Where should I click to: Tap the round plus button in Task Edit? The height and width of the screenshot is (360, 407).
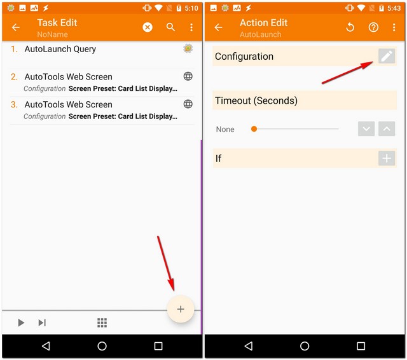(x=181, y=309)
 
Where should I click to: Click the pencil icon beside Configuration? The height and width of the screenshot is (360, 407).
(x=387, y=56)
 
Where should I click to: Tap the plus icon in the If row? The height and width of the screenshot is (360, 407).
(x=387, y=158)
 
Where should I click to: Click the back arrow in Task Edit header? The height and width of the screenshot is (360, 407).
(x=16, y=27)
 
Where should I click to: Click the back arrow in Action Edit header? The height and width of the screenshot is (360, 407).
(x=218, y=27)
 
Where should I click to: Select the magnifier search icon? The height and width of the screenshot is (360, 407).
(x=170, y=27)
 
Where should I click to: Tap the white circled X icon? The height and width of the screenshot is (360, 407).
(x=148, y=27)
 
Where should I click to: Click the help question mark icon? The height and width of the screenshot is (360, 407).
(x=373, y=27)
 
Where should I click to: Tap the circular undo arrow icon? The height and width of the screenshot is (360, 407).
(x=350, y=27)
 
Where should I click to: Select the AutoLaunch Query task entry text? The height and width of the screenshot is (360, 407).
(x=60, y=49)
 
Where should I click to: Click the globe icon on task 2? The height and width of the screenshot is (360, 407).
(x=188, y=76)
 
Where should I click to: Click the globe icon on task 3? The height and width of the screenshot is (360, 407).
(x=188, y=104)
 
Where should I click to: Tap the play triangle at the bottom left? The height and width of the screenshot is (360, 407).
(x=21, y=323)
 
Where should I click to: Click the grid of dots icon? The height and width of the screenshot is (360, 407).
(x=102, y=323)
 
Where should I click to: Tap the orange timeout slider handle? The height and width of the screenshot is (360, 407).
(x=254, y=129)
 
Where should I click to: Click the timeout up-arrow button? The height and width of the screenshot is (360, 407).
(x=387, y=129)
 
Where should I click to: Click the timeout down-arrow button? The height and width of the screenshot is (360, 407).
(x=366, y=129)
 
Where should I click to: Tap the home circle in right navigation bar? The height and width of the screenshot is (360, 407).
(x=305, y=346)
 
